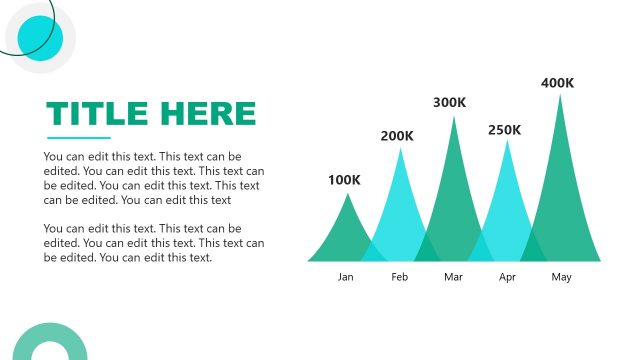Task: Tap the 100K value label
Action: (345, 180)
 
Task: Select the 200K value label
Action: (398, 136)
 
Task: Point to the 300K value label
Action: (450, 102)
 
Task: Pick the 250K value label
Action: (505, 130)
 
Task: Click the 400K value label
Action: (557, 83)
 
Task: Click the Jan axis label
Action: (346, 277)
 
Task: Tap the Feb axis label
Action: (400, 277)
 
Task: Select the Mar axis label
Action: (453, 277)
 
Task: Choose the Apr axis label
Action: (507, 277)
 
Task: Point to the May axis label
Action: (561, 277)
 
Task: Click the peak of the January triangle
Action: (347, 195)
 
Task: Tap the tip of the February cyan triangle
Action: (401, 150)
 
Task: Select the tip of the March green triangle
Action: (454, 118)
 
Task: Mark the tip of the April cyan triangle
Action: (507, 142)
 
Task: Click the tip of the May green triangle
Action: (560, 96)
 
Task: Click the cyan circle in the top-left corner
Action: (40, 38)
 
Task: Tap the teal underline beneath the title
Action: (79, 138)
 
